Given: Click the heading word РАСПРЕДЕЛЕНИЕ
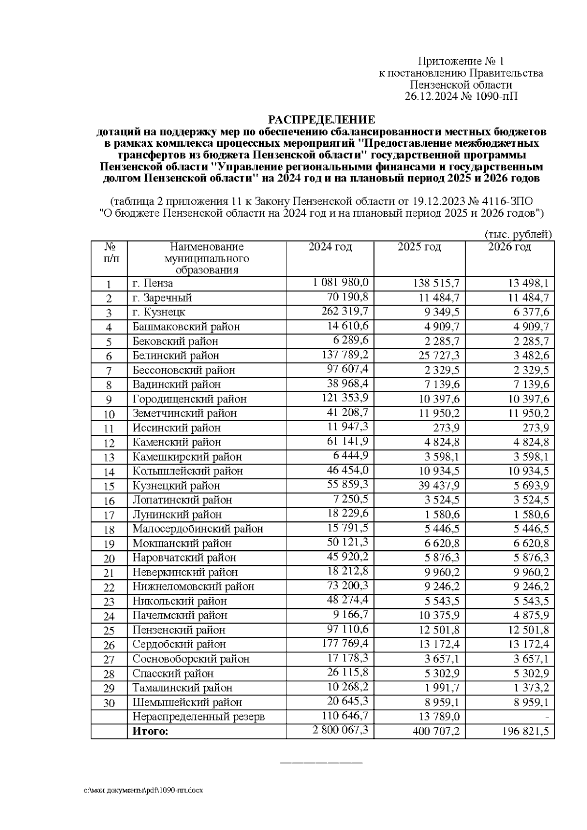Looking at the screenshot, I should click(x=321, y=120).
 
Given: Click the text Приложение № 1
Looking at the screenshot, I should click(x=460, y=61).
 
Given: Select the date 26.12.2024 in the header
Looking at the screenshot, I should click(x=431, y=96).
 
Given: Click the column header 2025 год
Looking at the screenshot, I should click(x=419, y=247).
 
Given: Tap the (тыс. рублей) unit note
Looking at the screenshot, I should click(x=518, y=234).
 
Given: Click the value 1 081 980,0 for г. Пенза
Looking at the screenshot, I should click(x=340, y=282).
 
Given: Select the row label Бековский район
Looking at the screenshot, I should click(x=175, y=341).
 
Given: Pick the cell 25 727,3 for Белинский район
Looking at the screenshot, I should click(x=438, y=356).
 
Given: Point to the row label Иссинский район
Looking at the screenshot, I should click(x=176, y=428).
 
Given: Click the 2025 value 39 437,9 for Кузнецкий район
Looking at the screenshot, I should click(x=438, y=486).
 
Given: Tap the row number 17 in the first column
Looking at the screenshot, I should click(x=109, y=515).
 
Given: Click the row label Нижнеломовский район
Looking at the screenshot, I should click(x=193, y=586).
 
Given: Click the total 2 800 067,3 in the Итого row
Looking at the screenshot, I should click(x=340, y=730).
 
